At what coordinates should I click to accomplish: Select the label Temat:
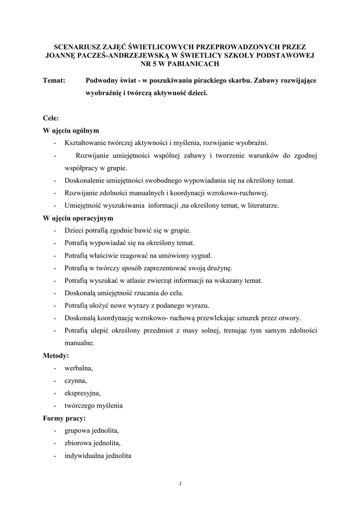click(x=55, y=81)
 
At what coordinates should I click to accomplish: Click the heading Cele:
click(x=51, y=118)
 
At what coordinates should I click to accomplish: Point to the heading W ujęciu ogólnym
click(x=71, y=131)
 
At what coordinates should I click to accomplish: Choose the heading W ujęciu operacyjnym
click(x=78, y=218)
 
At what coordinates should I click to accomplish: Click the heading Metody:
click(x=56, y=356)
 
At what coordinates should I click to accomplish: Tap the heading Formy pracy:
click(x=65, y=419)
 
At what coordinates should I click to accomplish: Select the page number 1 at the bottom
click(x=180, y=483)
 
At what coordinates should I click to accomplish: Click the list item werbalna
click(x=79, y=368)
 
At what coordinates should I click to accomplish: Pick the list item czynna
click(x=76, y=381)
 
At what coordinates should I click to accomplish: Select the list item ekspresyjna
click(x=82, y=393)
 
